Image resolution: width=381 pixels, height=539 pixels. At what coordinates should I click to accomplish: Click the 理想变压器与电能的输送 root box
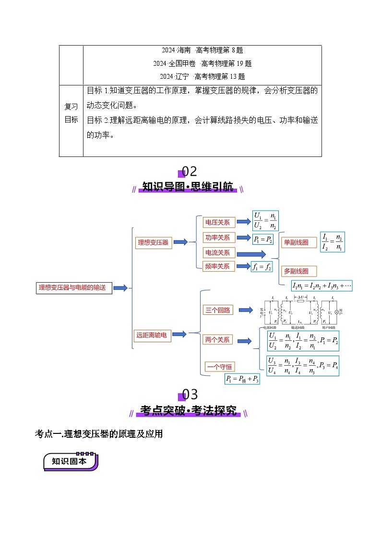[74, 288]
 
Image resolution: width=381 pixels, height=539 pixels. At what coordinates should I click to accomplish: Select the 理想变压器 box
[153, 242]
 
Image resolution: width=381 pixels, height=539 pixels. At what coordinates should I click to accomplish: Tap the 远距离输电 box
[152, 335]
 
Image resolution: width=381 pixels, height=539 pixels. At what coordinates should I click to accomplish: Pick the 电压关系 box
[217, 222]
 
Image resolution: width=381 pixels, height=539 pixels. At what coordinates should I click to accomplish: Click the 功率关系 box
[217, 238]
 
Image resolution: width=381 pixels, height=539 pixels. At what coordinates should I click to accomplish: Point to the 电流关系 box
[217, 253]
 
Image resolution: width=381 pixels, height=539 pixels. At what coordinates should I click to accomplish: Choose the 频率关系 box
[217, 266]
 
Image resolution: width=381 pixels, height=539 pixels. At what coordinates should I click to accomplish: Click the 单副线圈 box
[296, 243]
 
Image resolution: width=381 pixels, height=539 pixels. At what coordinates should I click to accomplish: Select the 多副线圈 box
[296, 271]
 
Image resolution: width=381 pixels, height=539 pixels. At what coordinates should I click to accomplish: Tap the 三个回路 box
[217, 310]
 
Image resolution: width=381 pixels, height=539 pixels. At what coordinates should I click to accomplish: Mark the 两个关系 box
[217, 340]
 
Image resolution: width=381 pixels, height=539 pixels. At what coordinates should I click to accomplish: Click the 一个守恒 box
[220, 367]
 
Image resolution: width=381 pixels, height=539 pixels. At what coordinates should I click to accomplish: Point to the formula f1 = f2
[262, 267]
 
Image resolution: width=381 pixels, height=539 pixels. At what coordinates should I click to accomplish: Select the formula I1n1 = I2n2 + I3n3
[321, 286]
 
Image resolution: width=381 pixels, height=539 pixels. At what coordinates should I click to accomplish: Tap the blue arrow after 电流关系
[251, 254]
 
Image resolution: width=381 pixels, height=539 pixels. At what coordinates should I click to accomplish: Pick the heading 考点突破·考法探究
[189, 411]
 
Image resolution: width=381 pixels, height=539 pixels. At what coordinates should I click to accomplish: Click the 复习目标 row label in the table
[71, 113]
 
